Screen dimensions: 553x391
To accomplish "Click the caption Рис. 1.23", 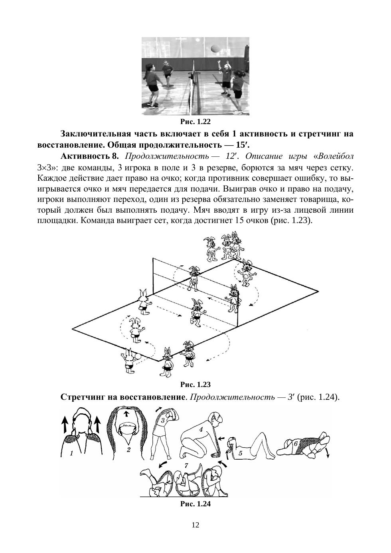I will pos(195,385).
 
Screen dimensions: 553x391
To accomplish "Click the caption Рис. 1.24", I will pos(195,504).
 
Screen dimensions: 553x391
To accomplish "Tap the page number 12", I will pos(195,525).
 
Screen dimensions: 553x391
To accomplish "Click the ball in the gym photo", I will pos(215,48).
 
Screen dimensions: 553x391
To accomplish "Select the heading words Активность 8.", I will pos(90,155).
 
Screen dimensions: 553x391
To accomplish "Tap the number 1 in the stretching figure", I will pos(71,453).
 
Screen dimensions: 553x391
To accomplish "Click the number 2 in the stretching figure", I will pos(128,450).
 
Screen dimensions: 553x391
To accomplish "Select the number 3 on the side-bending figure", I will pos(163,420).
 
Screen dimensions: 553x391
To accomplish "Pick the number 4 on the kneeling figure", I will pos(201,430).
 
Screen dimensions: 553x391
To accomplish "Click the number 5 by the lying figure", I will pos(240,453).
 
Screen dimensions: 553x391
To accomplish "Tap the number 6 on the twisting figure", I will pos(296,443).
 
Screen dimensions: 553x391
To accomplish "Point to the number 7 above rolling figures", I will pos(186,465).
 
